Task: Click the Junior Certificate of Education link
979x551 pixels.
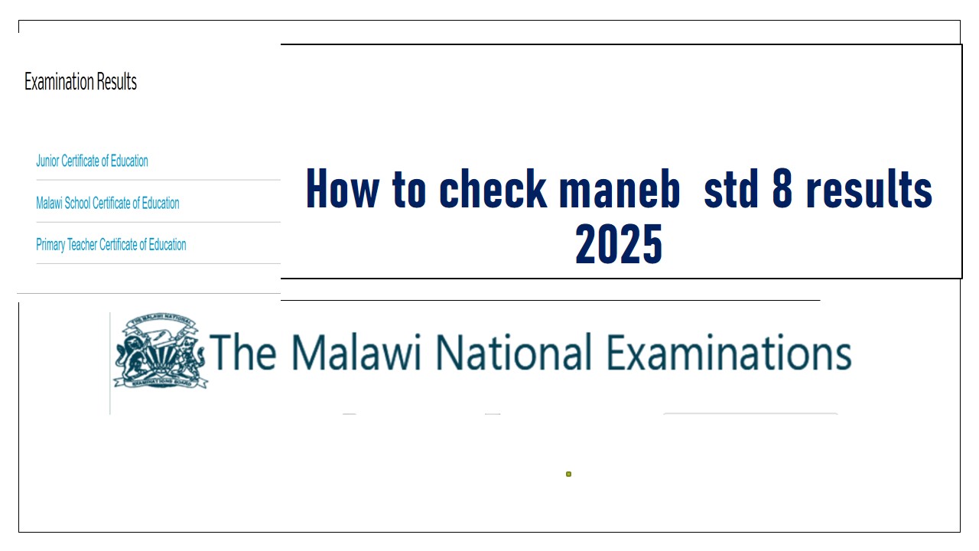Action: click(x=92, y=161)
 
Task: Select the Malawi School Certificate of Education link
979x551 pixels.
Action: click(x=108, y=203)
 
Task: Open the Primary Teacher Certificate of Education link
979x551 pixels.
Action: click(x=111, y=245)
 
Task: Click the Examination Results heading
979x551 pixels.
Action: click(x=80, y=82)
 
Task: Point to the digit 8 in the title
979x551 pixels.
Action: click(x=782, y=190)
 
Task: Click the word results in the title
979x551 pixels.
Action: click(x=870, y=190)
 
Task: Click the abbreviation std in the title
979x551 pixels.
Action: click(x=730, y=190)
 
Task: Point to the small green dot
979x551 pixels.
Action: click(x=568, y=474)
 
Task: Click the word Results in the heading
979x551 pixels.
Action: click(x=117, y=82)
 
